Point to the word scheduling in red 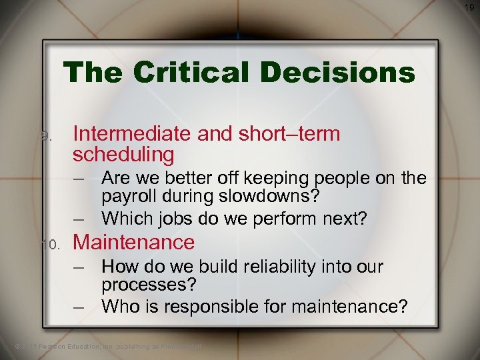point(123,155)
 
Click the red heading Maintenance point(133,242)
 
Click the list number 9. point(45,135)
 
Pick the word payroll point(127,197)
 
